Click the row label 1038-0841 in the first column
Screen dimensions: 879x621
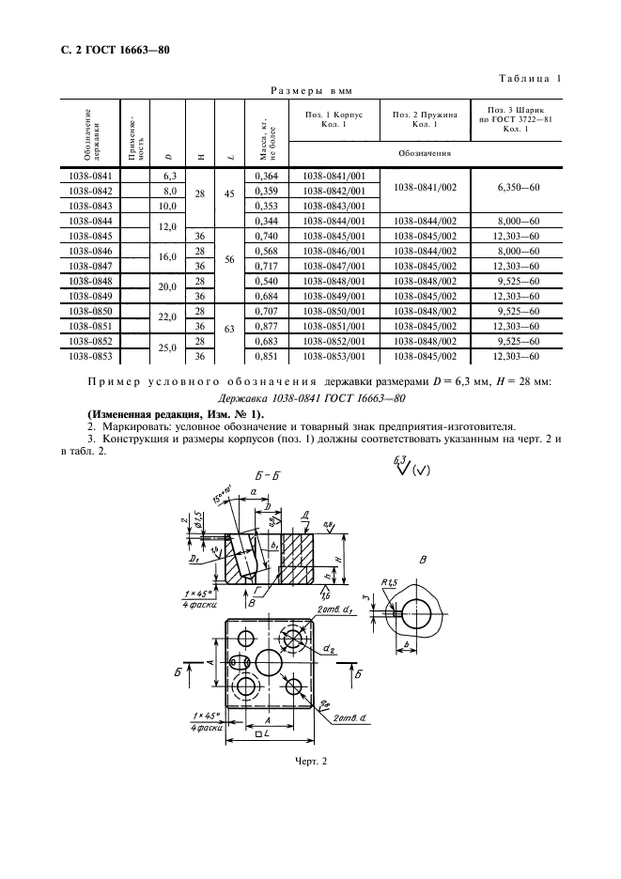pyautogui.click(x=91, y=176)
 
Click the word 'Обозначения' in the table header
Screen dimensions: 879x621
pyautogui.click(x=425, y=153)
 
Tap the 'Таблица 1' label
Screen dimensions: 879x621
pyautogui.click(x=530, y=79)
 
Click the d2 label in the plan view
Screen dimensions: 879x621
pyautogui.click(x=331, y=649)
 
